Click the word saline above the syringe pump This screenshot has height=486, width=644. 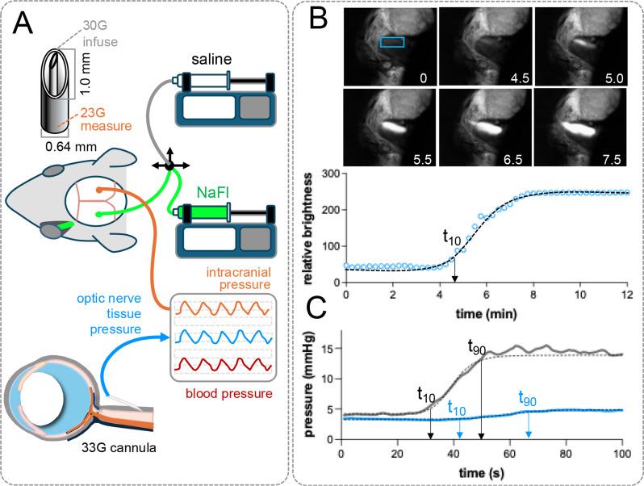(212, 60)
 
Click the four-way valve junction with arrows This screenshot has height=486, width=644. (170, 165)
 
